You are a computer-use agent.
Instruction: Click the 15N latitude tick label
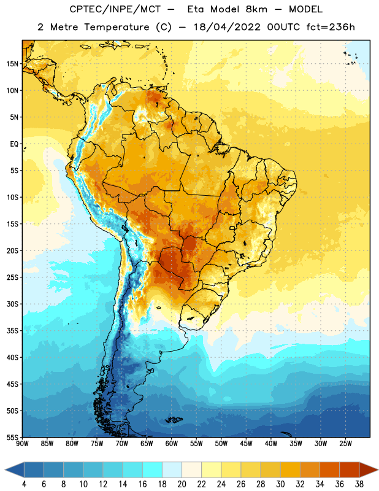pyautogui.click(x=12, y=64)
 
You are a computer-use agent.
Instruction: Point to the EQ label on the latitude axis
pyautogui.click(x=14, y=144)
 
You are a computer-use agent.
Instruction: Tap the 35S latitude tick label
pyautogui.click(x=12, y=331)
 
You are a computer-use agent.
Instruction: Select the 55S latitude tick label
pyautogui.click(x=12, y=437)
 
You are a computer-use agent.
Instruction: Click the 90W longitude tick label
pyautogui.click(x=22, y=443)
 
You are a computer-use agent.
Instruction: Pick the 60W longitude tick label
pyautogui.click(x=172, y=443)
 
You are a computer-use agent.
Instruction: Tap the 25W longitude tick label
pyautogui.click(x=345, y=443)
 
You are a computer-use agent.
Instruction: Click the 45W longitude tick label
pyautogui.click(x=246, y=443)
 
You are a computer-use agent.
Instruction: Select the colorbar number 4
pyautogui.click(x=24, y=484)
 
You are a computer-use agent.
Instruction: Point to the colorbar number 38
pyautogui.click(x=359, y=484)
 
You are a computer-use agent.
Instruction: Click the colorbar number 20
pyautogui.click(x=182, y=484)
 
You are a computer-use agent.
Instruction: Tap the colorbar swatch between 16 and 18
pyautogui.click(x=152, y=470)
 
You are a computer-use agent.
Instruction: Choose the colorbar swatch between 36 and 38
pyautogui.click(x=350, y=470)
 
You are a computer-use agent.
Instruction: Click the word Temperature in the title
pyautogui.click(x=117, y=27)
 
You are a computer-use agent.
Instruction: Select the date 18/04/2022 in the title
pyautogui.click(x=227, y=27)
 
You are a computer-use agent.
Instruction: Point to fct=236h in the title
pyautogui.click(x=331, y=27)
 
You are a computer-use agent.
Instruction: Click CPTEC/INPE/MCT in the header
pyautogui.click(x=115, y=9)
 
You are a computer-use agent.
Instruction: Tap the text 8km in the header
pyautogui.click(x=256, y=9)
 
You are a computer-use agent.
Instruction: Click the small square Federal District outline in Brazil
pyautogui.click(x=232, y=228)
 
